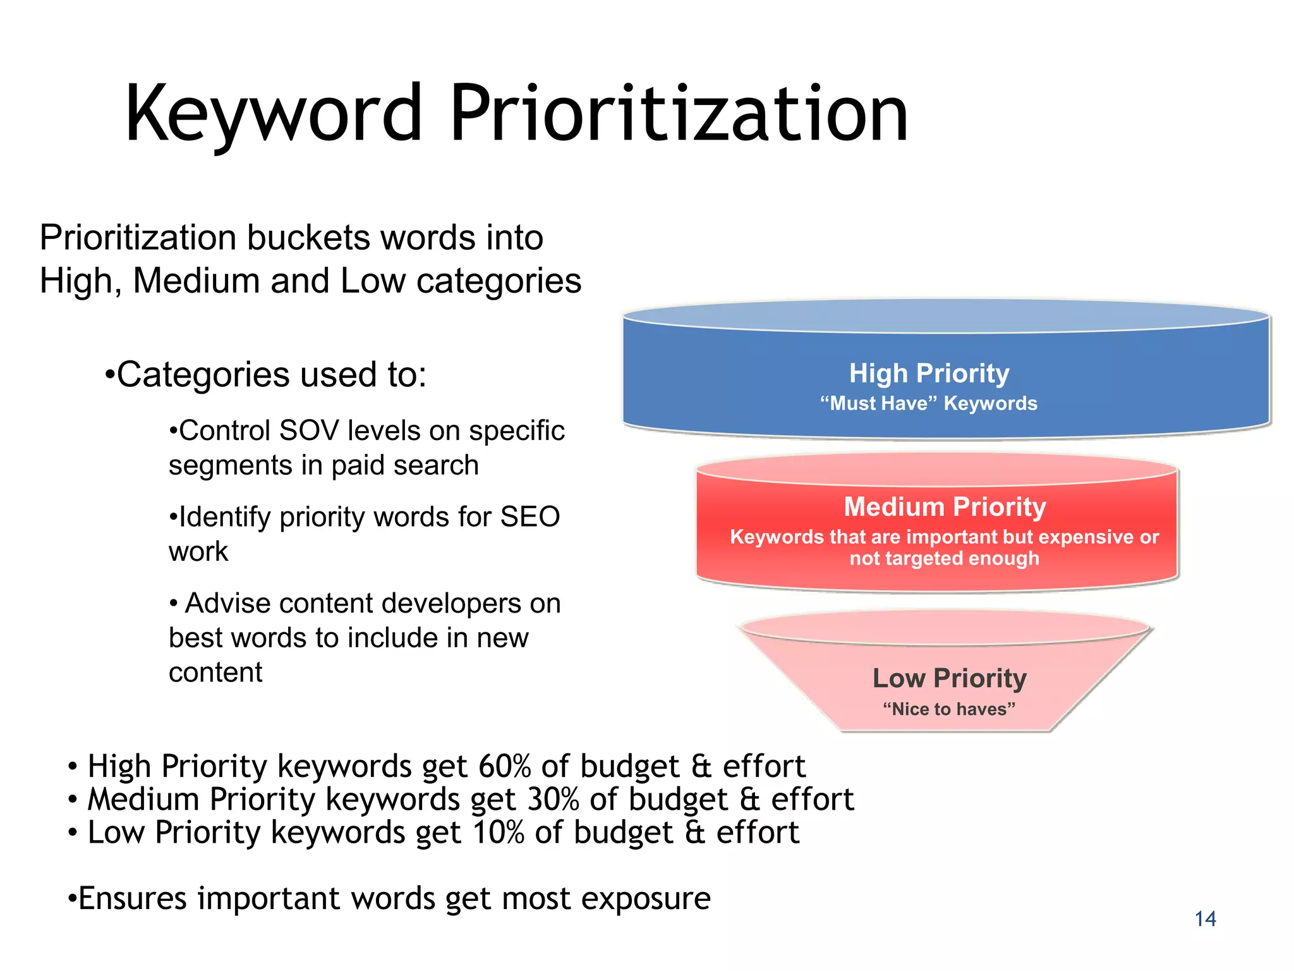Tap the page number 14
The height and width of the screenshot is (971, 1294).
point(1205,919)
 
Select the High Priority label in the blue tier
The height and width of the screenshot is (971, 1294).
point(929,373)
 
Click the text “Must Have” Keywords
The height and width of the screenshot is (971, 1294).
point(929,403)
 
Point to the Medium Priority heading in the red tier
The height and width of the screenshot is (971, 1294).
point(945,506)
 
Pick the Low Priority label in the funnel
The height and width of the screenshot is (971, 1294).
point(949,678)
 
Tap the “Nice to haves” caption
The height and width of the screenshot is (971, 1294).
point(949,709)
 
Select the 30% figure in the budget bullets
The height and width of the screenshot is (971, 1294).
point(553,799)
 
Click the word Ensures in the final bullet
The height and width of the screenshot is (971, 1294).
point(133,898)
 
